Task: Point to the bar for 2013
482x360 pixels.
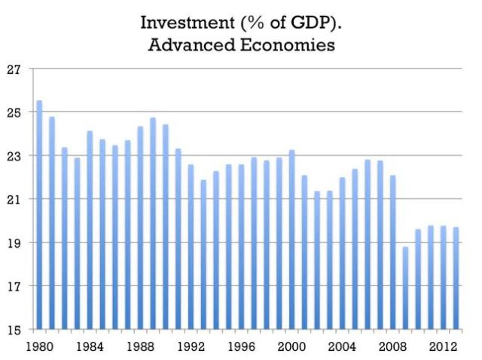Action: (x=456, y=278)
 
